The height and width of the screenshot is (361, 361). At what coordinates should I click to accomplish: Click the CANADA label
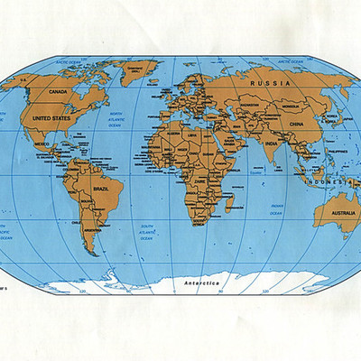59,91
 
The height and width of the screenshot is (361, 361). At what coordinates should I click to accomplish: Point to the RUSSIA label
275,83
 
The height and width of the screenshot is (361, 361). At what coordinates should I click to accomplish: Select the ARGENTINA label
90,229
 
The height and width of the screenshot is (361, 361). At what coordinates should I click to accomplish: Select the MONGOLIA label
291,106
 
